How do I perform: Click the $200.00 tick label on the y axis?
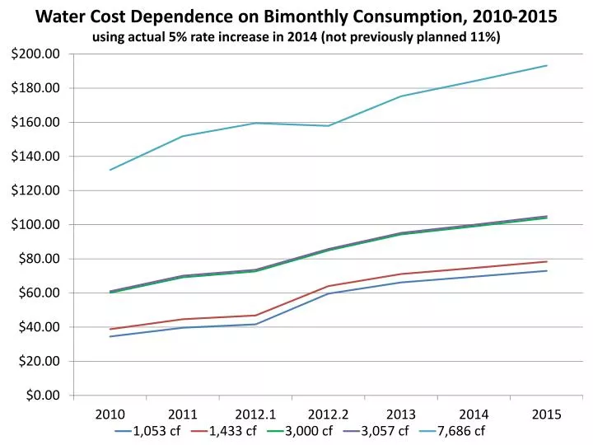pos(36,54)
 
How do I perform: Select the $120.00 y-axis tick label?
pos(36,190)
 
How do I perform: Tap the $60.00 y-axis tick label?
pos(40,293)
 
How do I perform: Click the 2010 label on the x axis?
pos(110,415)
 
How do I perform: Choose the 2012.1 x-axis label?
pos(255,415)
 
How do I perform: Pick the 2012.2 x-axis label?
pos(329,415)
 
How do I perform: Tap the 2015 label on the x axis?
pos(547,415)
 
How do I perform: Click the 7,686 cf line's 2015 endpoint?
pos(547,65)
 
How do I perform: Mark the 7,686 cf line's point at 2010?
pos(110,170)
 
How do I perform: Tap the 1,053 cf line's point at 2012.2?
pos(329,293)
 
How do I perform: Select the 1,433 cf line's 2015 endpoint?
pos(547,261)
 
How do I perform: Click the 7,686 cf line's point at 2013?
pos(401,96)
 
